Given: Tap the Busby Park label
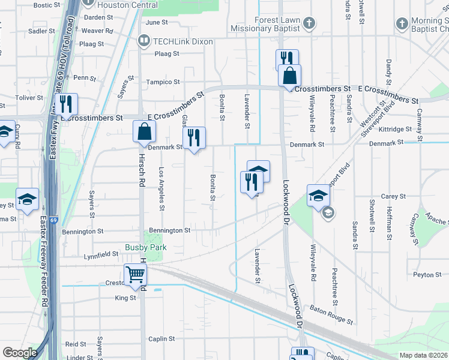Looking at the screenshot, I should pyautogui.click(x=145, y=247).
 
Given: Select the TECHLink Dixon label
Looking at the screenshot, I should pyautogui.click(x=175, y=41).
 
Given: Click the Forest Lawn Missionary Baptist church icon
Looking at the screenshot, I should pyautogui.click(x=309, y=23).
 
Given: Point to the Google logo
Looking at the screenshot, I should pyautogui.click(x=20, y=353).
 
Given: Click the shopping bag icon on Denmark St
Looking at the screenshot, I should pyautogui.click(x=145, y=132).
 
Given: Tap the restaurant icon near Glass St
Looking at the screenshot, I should pyautogui.click(x=194, y=138).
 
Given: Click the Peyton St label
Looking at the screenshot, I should pyautogui.click(x=427, y=275).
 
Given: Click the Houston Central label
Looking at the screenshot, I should pyautogui.click(x=136, y=5).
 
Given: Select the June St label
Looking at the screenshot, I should pyautogui.click(x=156, y=22).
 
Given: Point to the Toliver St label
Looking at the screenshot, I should pyautogui.click(x=26, y=97).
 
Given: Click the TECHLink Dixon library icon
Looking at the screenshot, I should pyautogui.click(x=143, y=41).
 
